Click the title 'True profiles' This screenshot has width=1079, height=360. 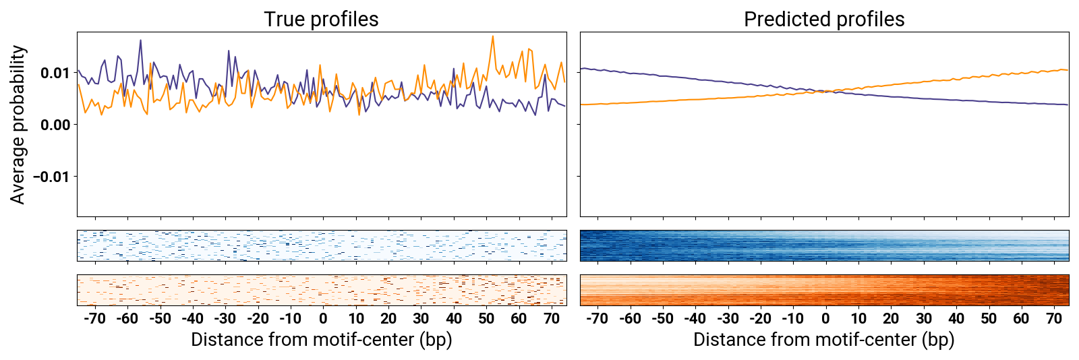(321, 20)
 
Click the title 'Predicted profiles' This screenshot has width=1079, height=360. (824, 20)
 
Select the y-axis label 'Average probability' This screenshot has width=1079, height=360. (18, 125)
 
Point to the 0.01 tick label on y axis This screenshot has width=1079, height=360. (55, 73)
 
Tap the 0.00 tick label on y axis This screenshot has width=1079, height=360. (55, 125)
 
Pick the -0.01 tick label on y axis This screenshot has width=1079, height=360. (52, 177)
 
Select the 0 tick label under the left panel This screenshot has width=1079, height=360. (323, 319)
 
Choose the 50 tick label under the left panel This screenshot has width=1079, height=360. (486, 319)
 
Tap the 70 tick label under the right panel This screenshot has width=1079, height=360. (1054, 319)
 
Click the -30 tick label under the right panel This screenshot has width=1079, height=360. (727, 319)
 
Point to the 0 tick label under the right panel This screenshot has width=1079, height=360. (825, 319)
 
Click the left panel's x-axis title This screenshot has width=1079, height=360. (321, 339)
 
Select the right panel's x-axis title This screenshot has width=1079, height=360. (824, 339)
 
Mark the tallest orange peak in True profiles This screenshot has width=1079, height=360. (493, 37)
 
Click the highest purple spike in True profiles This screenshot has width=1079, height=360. (140, 40)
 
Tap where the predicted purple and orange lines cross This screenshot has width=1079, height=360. (824, 91)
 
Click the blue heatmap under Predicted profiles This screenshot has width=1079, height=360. (824, 245)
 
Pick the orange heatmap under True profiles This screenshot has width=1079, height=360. (322, 290)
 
